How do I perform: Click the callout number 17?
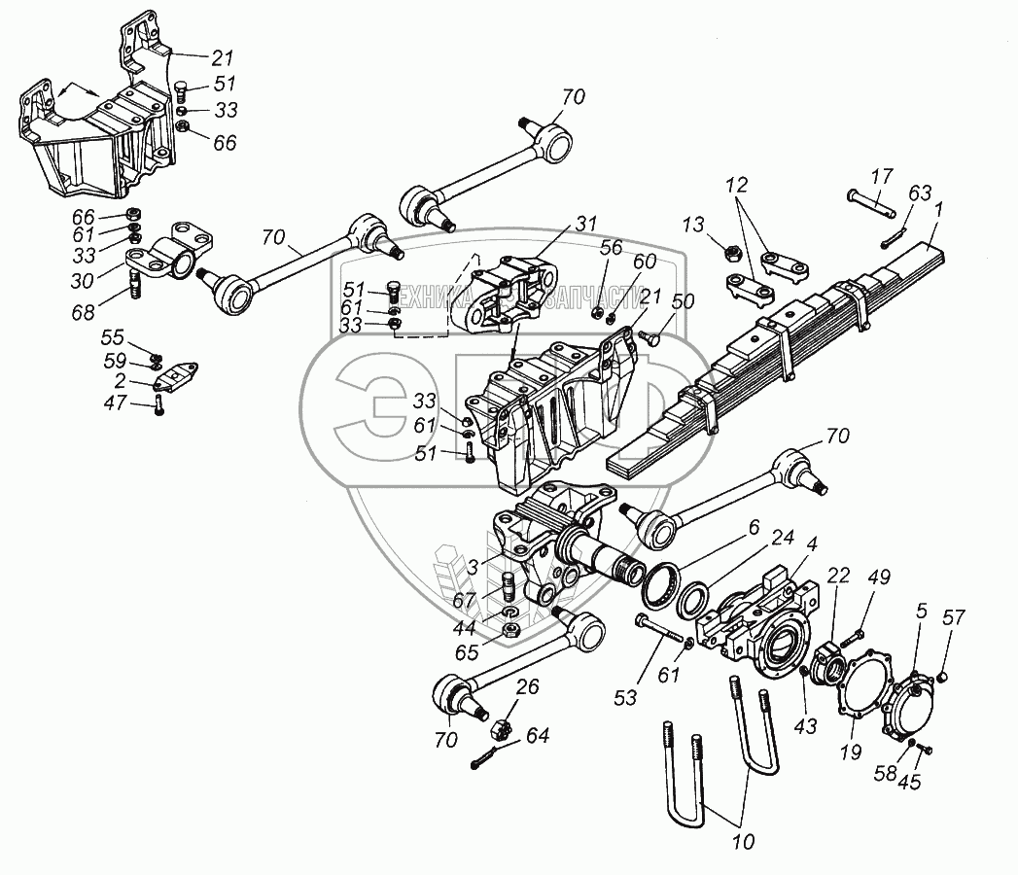coord(881,176)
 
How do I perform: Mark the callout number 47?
coord(116,402)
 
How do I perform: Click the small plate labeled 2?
coord(176,376)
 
